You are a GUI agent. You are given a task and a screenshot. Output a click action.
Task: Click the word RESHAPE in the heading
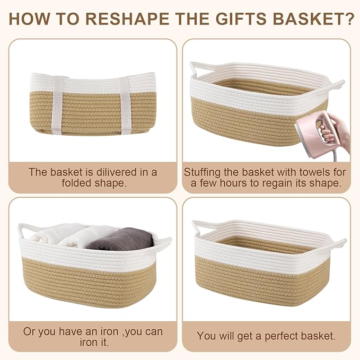tap(127, 19)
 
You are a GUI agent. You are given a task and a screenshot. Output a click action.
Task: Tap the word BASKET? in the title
tap(314, 19)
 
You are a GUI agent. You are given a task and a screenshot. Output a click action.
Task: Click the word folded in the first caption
tap(76, 183)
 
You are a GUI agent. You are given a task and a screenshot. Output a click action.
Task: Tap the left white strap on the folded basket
tap(57, 105)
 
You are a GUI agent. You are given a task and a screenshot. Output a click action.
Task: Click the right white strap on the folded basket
tap(125, 106)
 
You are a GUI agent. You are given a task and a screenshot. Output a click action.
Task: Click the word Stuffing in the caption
tap(202, 173)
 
